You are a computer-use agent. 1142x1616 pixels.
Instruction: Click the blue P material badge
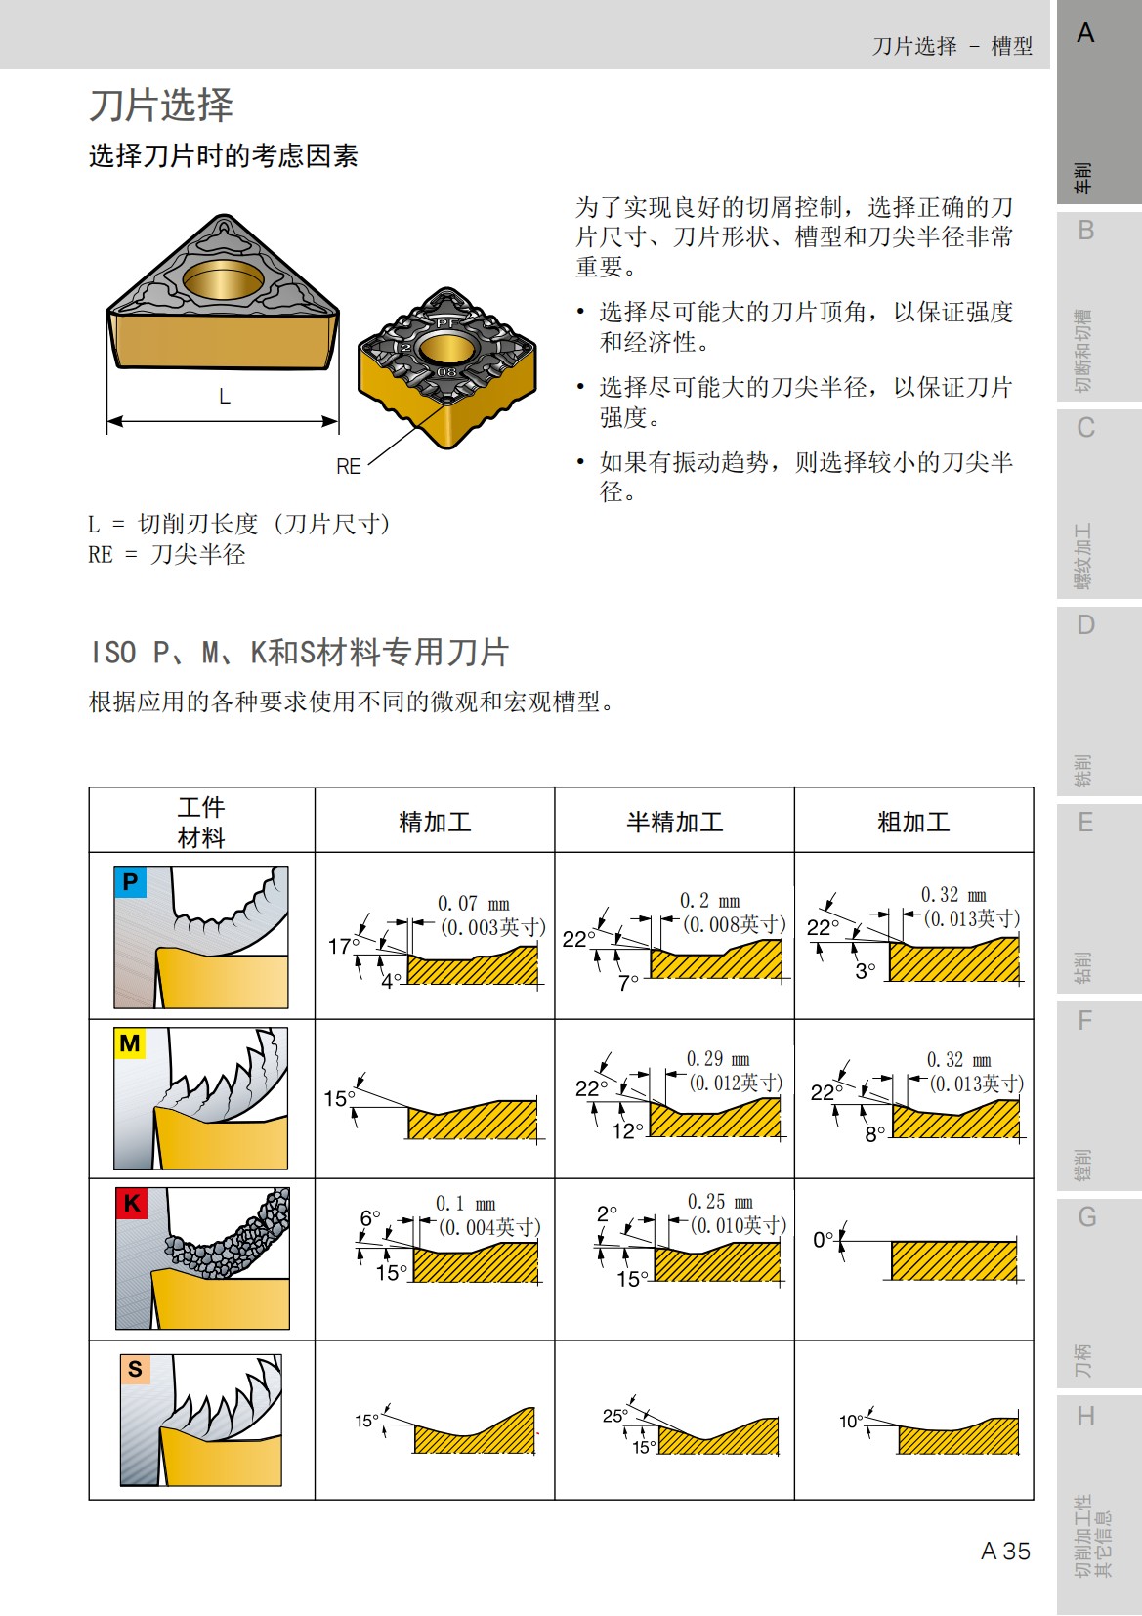[x=130, y=883]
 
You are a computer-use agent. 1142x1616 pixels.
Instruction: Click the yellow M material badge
[x=130, y=1044]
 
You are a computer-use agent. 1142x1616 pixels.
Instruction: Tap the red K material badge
[x=131, y=1204]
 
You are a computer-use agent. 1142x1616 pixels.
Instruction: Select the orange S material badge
[x=135, y=1369]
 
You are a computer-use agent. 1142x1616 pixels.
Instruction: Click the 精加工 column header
[x=435, y=822]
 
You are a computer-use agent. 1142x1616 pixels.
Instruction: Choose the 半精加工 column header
[x=674, y=822]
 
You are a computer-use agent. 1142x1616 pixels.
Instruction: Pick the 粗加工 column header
[x=913, y=822]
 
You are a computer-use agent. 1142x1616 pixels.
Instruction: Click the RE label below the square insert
[x=349, y=467]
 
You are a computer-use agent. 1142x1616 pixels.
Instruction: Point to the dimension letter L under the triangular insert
[x=224, y=397]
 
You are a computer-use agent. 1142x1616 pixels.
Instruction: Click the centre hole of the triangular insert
[x=223, y=279]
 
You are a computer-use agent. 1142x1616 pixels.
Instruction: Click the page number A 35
[x=1005, y=1552]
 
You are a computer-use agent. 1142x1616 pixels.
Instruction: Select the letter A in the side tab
[x=1085, y=34]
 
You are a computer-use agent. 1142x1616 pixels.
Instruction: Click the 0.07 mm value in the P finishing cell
[x=473, y=904]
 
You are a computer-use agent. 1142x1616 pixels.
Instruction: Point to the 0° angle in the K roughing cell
[x=824, y=1240]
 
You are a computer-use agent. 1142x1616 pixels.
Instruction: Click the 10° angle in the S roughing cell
[x=851, y=1422]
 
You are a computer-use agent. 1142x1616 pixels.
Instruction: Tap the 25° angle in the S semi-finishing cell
[x=614, y=1416]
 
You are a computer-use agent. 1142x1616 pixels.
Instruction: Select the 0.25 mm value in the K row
[x=720, y=1202]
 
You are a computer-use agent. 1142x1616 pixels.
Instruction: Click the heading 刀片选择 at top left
[x=161, y=105]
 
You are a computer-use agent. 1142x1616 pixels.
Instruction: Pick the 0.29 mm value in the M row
[x=718, y=1059]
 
